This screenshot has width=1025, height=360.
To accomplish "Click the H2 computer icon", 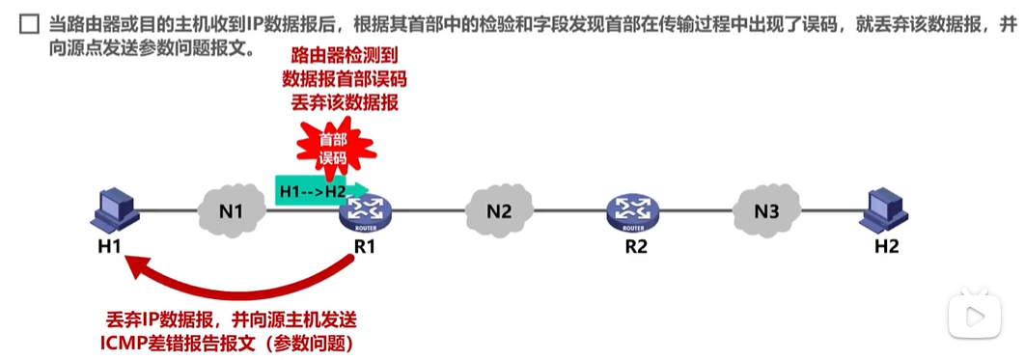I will pyautogui.click(x=885, y=209).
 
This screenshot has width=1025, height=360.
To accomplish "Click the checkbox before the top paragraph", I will pyautogui.click(x=28, y=20).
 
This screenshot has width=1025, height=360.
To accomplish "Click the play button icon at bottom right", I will pyautogui.click(x=974, y=316).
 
